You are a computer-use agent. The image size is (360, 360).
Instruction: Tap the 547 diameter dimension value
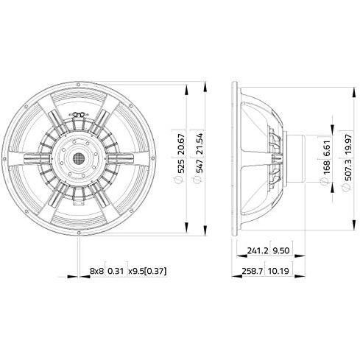tap(199, 166)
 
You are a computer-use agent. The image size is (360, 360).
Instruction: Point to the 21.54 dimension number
tap(199, 144)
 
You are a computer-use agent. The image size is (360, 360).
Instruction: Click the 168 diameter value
tap(326, 168)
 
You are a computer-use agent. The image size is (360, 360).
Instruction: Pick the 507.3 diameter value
tap(347, 170)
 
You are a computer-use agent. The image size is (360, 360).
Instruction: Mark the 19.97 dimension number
tap(347, 145)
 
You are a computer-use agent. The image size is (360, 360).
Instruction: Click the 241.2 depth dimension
tap(258, 250)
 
